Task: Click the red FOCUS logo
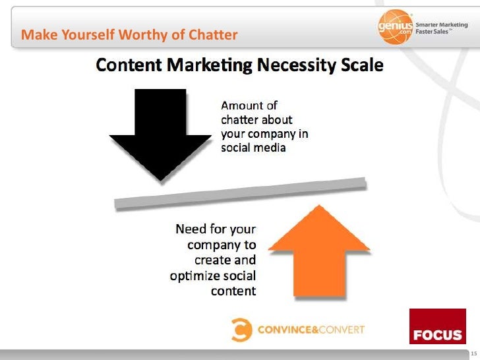(x=437, y=326)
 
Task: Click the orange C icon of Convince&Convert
(x=241, y=328)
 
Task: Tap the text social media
(x=253, y=148)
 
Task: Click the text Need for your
(x=216, y=230)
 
